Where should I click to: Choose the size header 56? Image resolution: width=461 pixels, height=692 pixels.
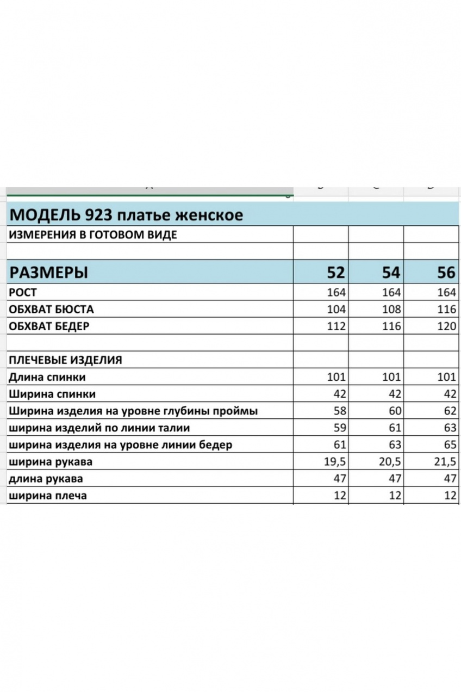coord(446,272)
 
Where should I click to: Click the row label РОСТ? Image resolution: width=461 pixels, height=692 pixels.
coord(23,292)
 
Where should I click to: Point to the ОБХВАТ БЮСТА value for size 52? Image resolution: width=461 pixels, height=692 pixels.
coord(337,310)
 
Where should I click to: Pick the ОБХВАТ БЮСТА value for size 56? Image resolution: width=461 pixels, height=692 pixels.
coord(446,310)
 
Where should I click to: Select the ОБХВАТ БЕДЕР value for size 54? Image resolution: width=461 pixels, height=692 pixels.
coord(391,326)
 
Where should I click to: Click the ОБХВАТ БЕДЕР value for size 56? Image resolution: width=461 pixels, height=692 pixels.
coord(446,326)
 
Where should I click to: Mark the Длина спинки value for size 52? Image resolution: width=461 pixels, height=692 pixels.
coord(337,377)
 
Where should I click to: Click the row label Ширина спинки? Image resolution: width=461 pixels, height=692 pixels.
coord(52,394)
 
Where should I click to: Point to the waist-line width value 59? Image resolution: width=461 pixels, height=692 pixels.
coord(340,428)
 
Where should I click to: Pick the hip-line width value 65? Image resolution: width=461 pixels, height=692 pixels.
coord(449,445)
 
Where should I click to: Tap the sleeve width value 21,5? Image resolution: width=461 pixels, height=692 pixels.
coord(444,462)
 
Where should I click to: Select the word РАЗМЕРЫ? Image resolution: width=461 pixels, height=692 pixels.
coord(49,272)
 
